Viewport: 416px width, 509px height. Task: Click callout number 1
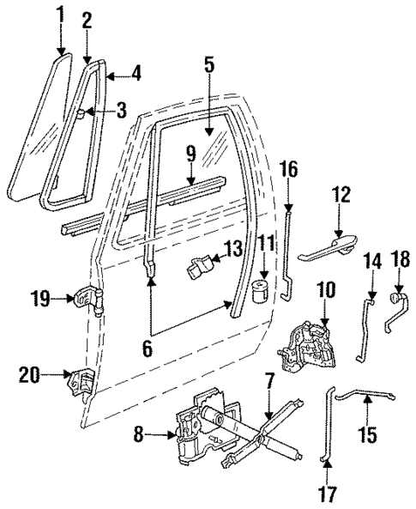pyautogui.click(x=59, y=15)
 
